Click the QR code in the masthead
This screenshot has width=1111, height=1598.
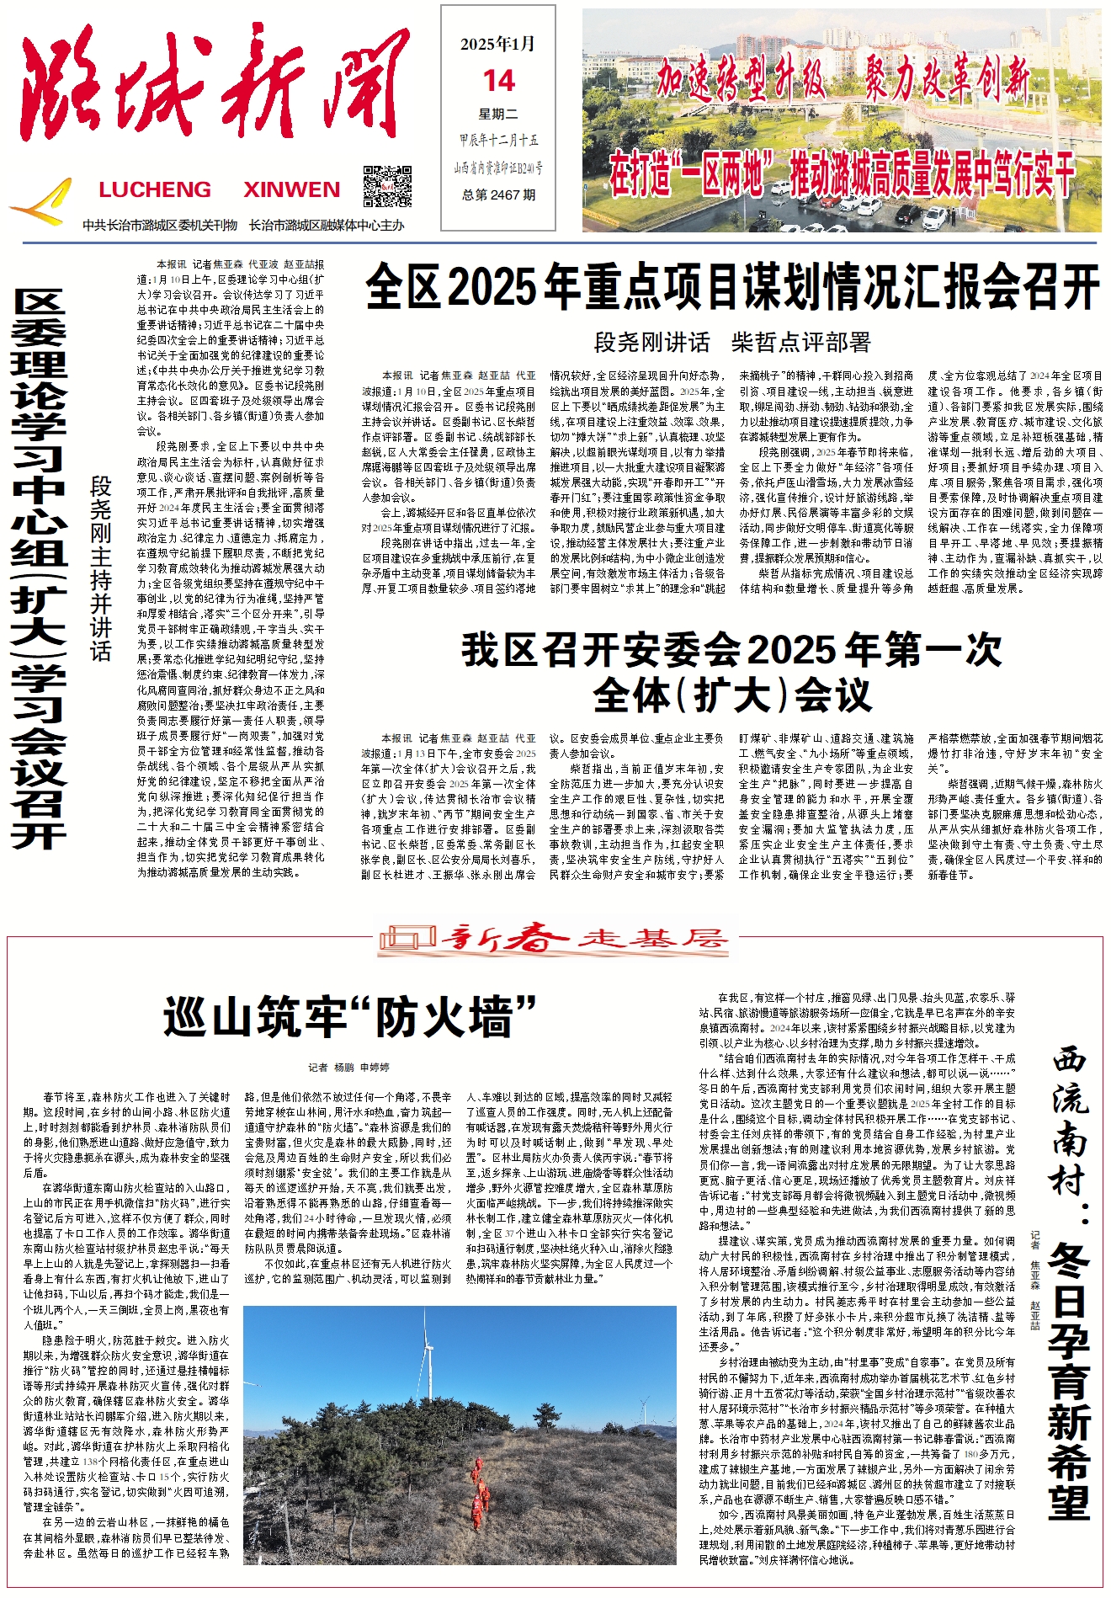(387, 187)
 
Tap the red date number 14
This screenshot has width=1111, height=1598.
(498, 81)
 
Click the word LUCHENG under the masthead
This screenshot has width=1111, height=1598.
(155, 189)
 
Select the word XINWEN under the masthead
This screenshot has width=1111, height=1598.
(292, 189)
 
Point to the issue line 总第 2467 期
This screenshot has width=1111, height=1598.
(498, 194)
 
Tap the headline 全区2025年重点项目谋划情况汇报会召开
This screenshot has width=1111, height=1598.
(732, 287)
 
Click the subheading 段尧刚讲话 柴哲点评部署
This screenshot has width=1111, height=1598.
(732, 343)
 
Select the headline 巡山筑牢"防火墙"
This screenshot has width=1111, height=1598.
(350, 1017)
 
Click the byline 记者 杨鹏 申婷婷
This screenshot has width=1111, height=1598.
(348, 1068)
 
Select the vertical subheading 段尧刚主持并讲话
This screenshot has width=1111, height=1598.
(101, 569)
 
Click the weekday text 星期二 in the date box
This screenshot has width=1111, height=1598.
(498, 115)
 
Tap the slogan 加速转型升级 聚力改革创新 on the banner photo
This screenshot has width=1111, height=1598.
(842, 80)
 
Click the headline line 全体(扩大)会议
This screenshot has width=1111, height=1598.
(732, 695)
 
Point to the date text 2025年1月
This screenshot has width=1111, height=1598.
(498, 45)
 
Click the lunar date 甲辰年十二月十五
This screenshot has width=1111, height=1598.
(498, 141)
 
